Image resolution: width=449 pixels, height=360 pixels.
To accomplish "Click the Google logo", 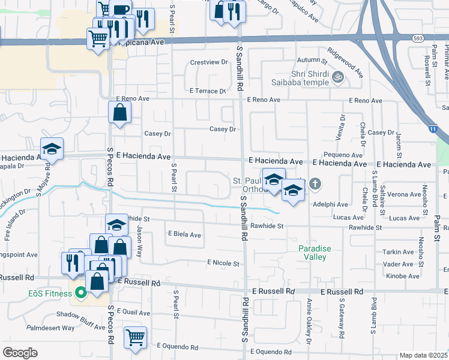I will pyautogui.click(x=20, y=353).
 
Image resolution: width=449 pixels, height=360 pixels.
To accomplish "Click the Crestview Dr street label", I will pyautogui.click(x=209, y=62).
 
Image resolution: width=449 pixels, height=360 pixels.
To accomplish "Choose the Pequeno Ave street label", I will pyautogui.click(x=340, y=154).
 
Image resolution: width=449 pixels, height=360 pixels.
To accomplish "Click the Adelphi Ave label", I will pyautogui.click(x=335, y=205).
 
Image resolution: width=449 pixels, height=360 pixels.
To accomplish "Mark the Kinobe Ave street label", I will pyautogui.click(x=402, y=276).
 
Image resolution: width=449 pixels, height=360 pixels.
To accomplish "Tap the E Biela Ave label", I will pyautogui.click(x=184, y=235).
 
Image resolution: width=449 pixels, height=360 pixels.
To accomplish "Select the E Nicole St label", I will pyautogui.click(x=223, y=263).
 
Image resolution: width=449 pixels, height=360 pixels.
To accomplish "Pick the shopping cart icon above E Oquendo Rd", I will pyautogui.click(x=136, y=337).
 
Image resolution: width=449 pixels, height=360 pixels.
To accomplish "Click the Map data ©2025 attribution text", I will pyautogui.click(x=423, y=355).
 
